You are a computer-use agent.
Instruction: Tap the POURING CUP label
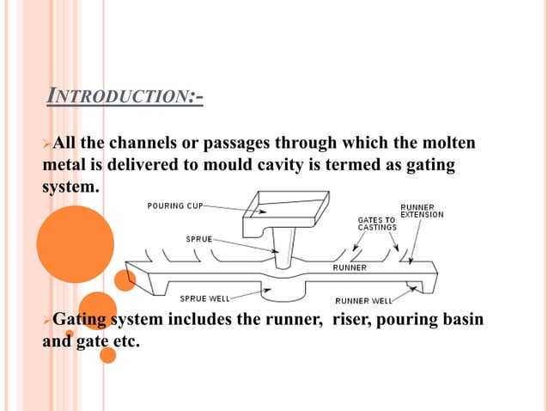[x=175, y=206]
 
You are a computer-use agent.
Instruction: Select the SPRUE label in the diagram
[x=199, y=238]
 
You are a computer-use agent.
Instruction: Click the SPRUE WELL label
[x=204, y=298]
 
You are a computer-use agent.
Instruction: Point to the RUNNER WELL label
[x=364, y=300]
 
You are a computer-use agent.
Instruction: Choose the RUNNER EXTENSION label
[x=422, y=211]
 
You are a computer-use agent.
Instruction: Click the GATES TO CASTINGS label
[x=376, y=224]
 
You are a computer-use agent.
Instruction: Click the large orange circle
[x=75, y=244]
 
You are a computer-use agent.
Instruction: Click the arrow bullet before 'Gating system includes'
[x=48, y=320]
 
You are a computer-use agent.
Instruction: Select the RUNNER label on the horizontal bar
[x=349, y=267]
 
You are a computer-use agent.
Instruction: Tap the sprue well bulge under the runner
[x=285, y=291]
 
